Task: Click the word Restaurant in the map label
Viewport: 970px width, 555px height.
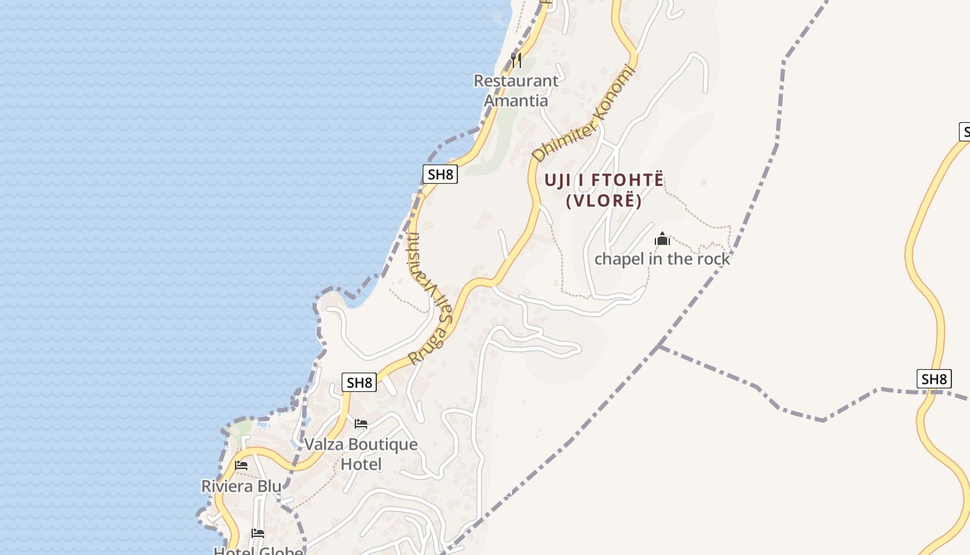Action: click(515, 81)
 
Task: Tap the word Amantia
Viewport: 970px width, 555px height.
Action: click(515, 101)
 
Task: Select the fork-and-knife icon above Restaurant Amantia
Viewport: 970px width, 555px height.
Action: click(516, 60)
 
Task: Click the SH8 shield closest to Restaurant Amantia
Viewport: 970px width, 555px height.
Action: click(440, 174)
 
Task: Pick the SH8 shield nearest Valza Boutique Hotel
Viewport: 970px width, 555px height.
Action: click(359, 382)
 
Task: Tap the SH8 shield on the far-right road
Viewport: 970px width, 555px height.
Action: click(934, 379)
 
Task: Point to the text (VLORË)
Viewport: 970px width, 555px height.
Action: click(603, 201)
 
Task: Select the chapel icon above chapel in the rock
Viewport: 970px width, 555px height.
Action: click(662, 239)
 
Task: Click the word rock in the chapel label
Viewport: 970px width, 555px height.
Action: click(712, 259)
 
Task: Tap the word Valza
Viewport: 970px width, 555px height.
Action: click(326, 445)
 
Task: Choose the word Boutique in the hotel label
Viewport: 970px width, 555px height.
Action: click(385, 445)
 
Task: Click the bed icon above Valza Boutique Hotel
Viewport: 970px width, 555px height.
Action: click(361, 423)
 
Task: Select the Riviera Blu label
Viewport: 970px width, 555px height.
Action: click(241, 486)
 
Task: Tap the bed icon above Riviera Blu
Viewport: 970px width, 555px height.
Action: click(241, 465)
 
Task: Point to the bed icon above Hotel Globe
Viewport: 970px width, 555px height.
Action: click(258, 533)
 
